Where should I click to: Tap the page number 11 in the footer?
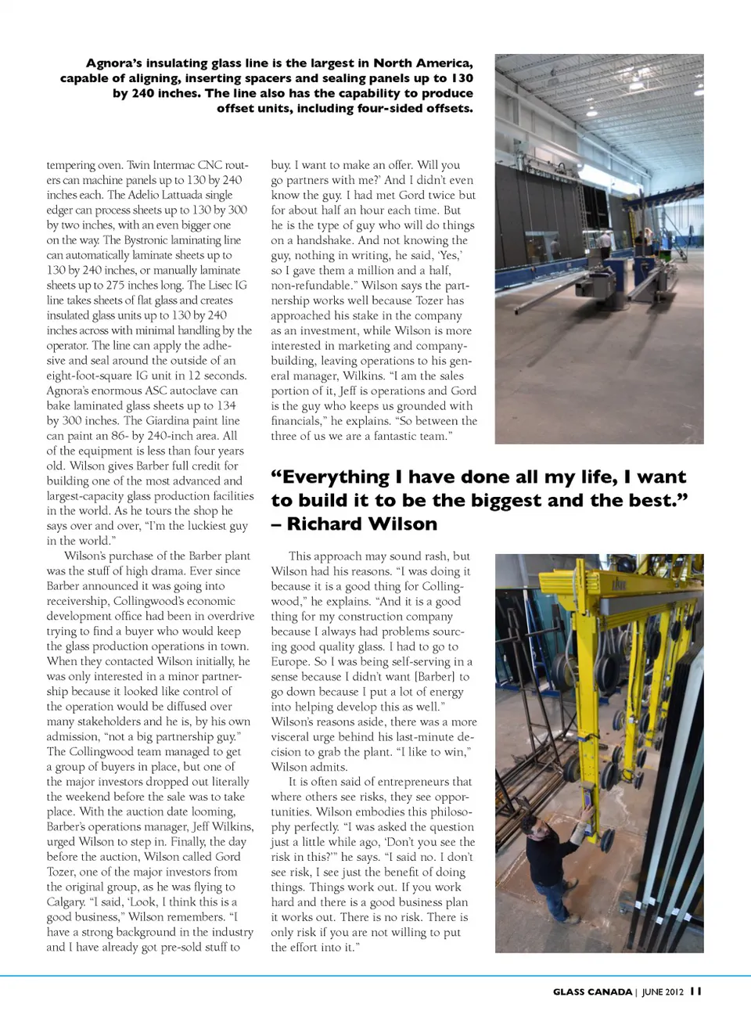(x=695, y=991)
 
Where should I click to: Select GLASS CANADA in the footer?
(x=592, y=991)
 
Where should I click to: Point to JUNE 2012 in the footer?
(x=663, y=991)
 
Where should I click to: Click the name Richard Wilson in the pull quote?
(x=362, y=524)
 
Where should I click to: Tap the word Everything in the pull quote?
(x=336, y=477)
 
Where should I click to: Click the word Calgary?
(x=66, y=901)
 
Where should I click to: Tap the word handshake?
(x=325, y=240)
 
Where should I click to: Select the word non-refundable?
(x=311, y=285)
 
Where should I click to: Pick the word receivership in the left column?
(x=77, y=601)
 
